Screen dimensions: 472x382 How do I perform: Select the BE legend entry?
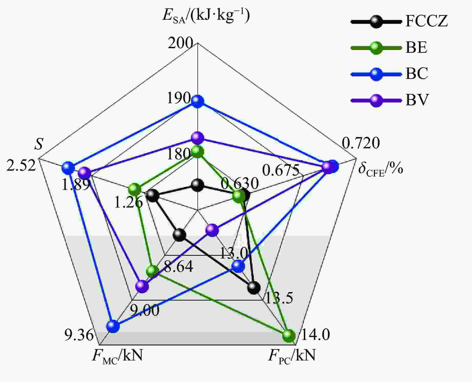click(389, 48)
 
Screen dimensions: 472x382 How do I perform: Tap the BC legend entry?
click(390, 74)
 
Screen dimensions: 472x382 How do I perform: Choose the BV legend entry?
click(390, 100)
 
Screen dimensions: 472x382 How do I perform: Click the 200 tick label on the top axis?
click(180, 43)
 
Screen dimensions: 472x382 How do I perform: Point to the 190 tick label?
click(179, 98)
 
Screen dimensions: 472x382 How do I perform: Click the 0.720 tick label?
click(361, 143)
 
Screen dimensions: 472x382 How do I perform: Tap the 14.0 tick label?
click(315, 335)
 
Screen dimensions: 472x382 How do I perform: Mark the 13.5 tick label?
click(278, 298)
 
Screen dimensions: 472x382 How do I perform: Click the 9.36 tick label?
click(79, 335)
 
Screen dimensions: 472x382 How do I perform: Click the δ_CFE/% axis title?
click(381, 169)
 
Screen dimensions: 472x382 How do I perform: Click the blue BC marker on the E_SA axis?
click(197, 101)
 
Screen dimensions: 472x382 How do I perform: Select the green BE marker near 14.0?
click(289, 336)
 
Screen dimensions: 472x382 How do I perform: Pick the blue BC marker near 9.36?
click(113, 326)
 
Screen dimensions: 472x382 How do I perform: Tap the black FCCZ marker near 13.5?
click(254, 287)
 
